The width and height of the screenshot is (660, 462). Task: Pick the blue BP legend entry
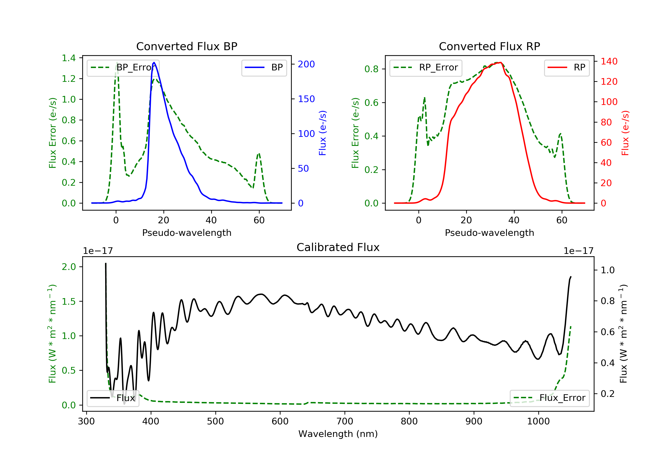[x=264, y=68]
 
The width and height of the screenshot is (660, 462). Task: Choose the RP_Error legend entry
[x=426, y=68]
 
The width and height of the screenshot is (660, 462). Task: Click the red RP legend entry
[x=566, y=68]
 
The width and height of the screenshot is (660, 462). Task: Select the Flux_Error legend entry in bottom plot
[x=549, y=398]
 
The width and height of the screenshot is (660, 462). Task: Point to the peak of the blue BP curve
[x=154, y=62]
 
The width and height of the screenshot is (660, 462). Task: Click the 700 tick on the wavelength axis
[x=345, y=422]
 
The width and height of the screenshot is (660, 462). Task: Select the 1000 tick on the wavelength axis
[x=538, y=422]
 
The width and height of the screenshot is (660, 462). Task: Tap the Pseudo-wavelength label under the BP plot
[x=187, y=233]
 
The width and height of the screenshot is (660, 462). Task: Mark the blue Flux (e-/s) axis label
[x=323, y=133]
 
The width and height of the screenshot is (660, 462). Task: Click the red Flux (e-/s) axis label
[x=625, y=133]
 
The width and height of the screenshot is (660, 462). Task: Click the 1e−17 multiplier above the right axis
[x=578, y=251]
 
